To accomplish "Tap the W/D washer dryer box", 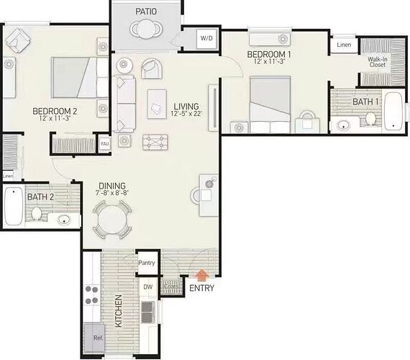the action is tap(206, 38).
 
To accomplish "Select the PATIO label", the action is tap(146, 12).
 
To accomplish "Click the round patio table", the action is tap(147, 29).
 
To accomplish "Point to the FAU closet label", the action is tap(104, 144).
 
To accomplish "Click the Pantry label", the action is tap(147, 263).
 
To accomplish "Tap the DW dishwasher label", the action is tap(148, 287).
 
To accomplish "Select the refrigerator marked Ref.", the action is tap(94, 338).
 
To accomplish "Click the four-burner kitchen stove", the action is tap(92, 294).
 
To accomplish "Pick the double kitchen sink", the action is tap(148, 312).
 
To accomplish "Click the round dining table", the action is tap(112, 220).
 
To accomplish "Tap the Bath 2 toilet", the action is tap(37, 214).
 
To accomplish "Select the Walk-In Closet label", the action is tap(378, 62).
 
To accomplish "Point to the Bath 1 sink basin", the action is tap(344, 126).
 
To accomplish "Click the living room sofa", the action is tap(124, 104).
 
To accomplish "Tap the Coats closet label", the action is tap(171, 287).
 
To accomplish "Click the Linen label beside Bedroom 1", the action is tap(344, 45).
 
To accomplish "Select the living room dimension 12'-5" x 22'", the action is tap(186, 114).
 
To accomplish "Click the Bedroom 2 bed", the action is tap(80, 78).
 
